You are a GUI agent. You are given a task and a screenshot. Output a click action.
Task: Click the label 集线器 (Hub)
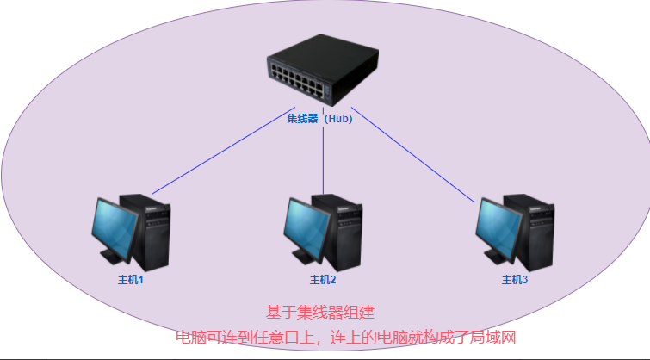(319, 119)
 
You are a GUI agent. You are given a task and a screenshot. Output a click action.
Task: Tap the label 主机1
(130, 280)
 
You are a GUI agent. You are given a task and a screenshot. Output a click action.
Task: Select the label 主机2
(323, 280)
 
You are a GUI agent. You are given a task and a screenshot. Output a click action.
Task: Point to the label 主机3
(515, 280)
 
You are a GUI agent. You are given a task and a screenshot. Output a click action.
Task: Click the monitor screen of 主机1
(115, 227)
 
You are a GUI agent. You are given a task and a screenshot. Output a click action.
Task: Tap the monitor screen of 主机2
(307, 227)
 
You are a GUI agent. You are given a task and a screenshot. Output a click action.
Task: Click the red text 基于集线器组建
(319, 312)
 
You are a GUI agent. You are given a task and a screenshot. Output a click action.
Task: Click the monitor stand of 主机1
(112, 256)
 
